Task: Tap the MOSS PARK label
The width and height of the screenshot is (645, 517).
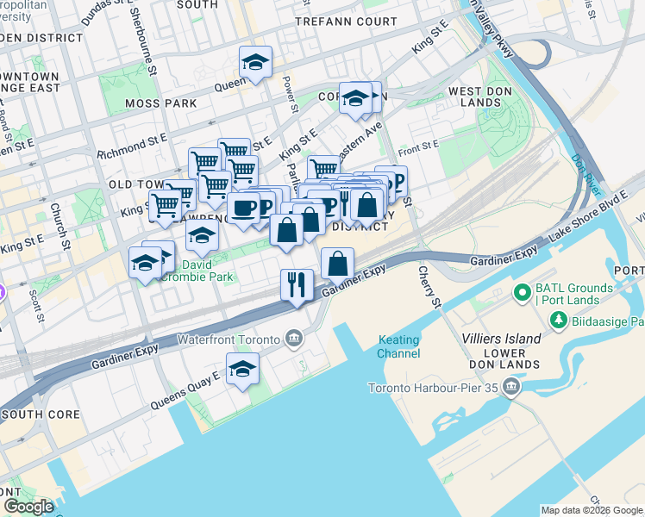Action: (160, 103)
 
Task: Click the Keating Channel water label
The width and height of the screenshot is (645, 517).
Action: (398, 346)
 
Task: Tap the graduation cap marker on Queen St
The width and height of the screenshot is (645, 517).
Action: (255, 62)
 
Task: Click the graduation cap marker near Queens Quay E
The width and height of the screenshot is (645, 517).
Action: (244, 370)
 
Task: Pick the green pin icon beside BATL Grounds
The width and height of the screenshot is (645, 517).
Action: (522, 294)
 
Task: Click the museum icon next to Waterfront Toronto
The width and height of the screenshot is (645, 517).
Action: (295, 338)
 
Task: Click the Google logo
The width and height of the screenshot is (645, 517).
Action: (28, 507)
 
